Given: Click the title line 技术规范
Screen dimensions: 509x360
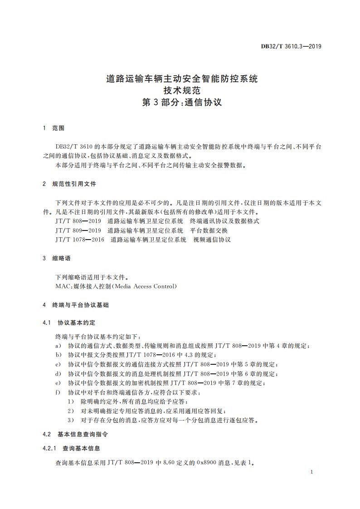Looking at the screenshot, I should pos(182,90).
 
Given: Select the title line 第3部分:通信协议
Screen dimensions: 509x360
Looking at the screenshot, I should pos(182,102).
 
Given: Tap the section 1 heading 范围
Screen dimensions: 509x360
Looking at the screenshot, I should pos(58,128).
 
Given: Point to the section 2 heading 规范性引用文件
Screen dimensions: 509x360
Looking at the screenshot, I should pos(74,184).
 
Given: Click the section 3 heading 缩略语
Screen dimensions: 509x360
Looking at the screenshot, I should pos(62,258).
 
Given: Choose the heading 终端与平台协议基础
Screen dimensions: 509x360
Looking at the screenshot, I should pos(81,305).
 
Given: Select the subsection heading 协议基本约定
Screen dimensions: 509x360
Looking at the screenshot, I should pos(77,323).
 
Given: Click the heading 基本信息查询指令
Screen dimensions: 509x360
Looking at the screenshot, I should pos(83,434).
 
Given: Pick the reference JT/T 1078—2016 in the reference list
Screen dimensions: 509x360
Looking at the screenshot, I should pos(80,240).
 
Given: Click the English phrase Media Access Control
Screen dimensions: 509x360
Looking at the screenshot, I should pos(145,286).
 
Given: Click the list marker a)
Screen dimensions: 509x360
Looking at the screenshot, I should pos(58,346).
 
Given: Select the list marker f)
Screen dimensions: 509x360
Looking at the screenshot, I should pos(58,392).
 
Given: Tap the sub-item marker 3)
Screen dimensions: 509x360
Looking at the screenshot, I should pos(71,420).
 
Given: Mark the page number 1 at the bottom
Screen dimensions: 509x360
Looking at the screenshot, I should pos(312,472).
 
